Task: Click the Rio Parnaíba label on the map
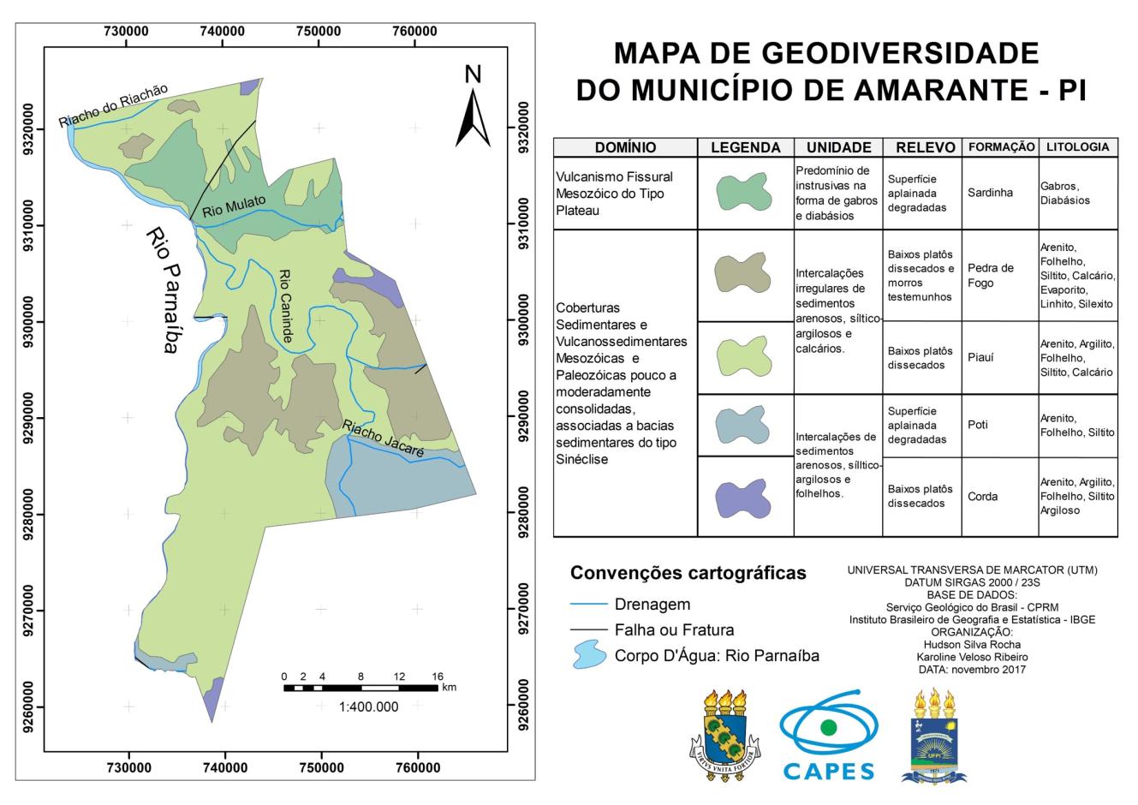[x=163, y=290]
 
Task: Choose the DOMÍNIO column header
[x=625, y=147]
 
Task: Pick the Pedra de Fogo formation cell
[x=990, y=275]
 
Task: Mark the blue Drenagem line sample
[x=588, y=605]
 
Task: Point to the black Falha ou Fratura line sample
[x=588, y=630]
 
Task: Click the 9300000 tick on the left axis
[x=32, y=321]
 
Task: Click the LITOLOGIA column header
[x=1078, y=147]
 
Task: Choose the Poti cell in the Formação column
[x=978, y=425]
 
